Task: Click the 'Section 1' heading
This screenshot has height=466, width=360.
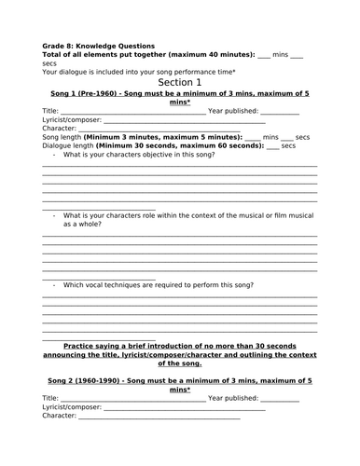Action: click(179, 82)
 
